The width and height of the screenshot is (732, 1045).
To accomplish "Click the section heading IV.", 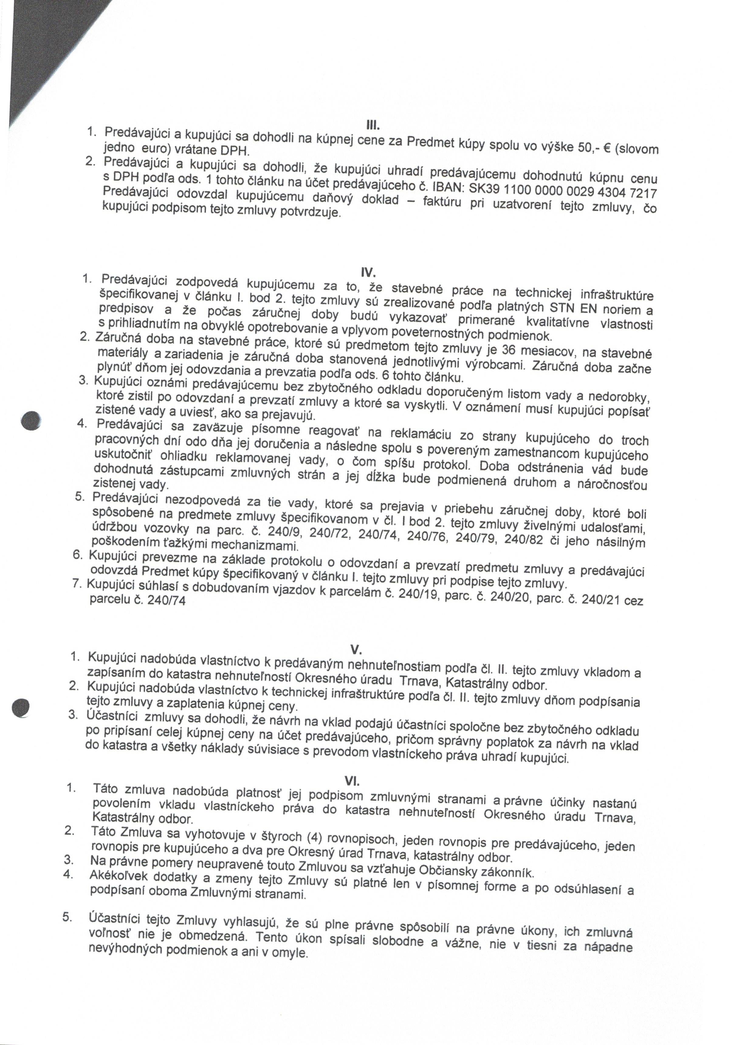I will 368,272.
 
